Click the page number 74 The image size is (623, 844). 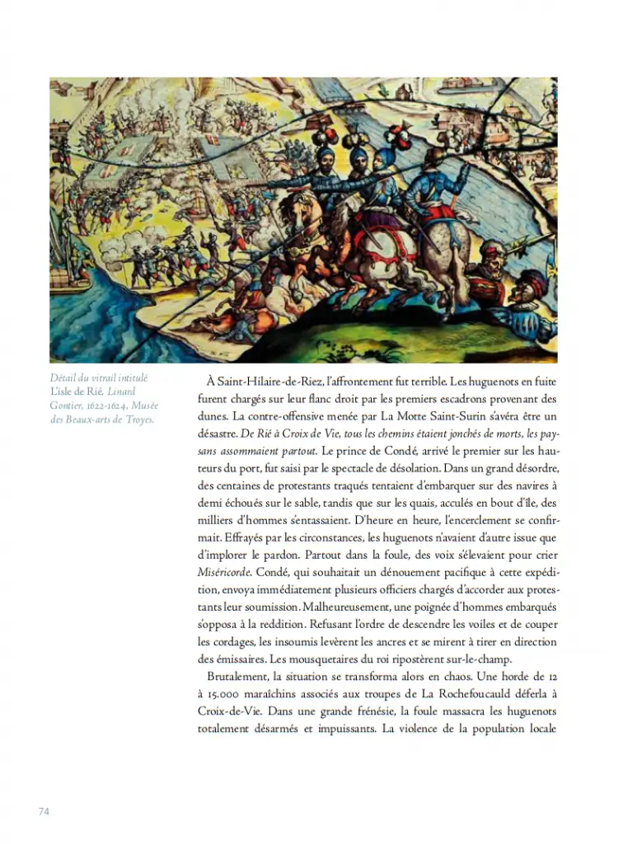tap(44, 811)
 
